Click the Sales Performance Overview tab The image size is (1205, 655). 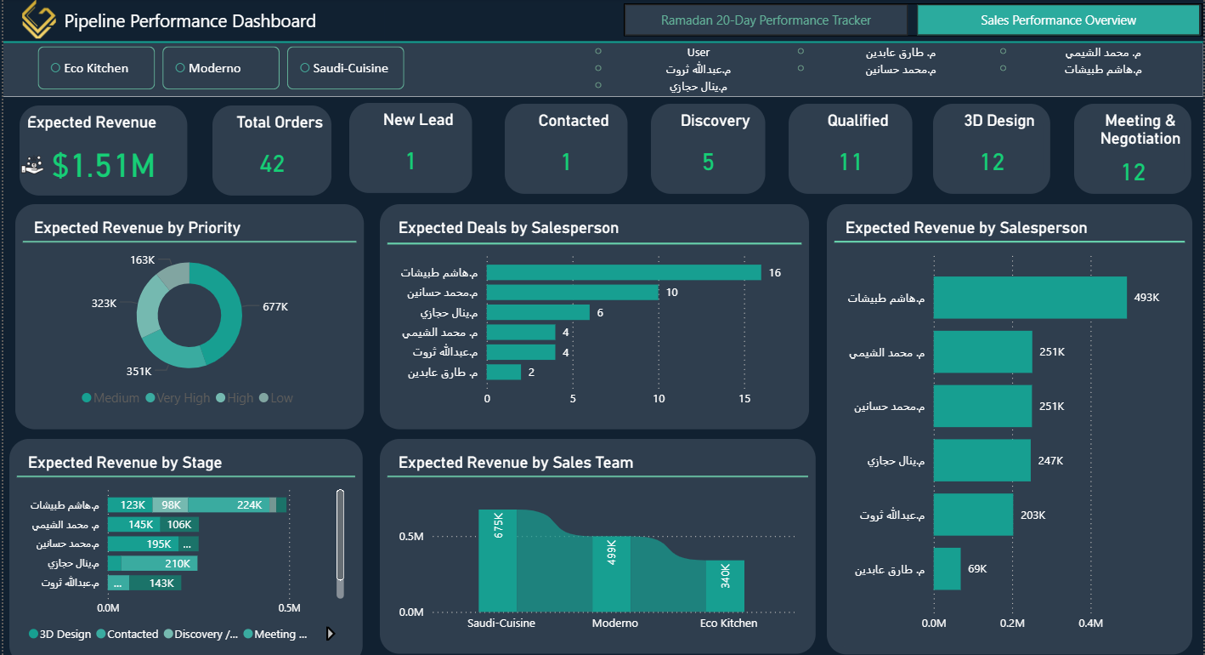point(1058,20)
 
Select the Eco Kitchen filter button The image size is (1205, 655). point(96,68)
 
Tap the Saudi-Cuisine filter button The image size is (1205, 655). point(345,68)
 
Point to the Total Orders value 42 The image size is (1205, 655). point(272,163)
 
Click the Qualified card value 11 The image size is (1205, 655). point(850,162)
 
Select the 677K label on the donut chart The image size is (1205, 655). point(274,307)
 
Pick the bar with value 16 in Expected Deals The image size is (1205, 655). point(624,272)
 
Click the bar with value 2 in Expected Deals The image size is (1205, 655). point(504,373)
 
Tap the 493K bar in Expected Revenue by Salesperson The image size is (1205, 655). point(1030,298)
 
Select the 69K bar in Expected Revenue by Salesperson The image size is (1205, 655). point(947,569)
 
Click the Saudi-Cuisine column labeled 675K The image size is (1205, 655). point(498,561)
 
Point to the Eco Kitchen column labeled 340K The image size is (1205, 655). point(725,585)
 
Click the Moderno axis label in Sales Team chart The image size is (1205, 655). point(614,624)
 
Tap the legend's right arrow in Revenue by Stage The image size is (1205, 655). point(331,634)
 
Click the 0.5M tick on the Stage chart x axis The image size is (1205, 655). point(289,608)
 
